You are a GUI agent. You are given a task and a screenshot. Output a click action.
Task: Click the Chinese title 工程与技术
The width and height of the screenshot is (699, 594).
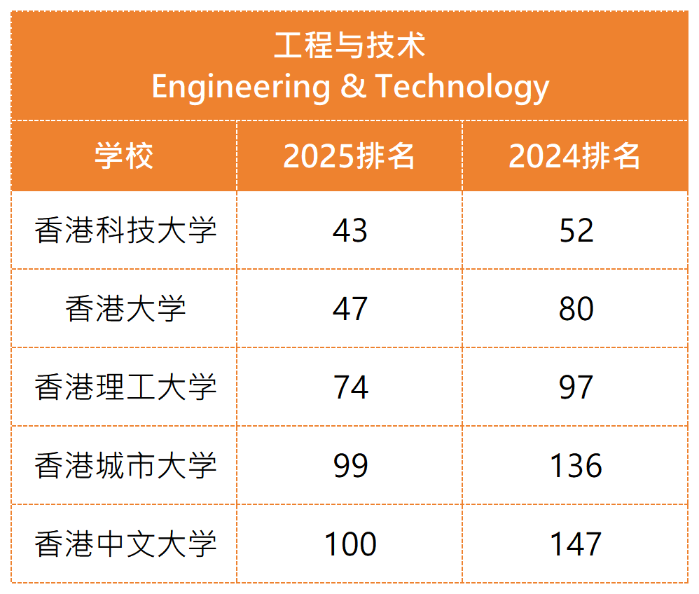point(349,46)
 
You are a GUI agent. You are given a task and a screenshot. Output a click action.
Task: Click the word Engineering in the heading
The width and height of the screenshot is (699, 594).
point(240,87)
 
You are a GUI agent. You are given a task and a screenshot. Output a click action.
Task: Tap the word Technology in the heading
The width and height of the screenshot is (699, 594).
point(462,87)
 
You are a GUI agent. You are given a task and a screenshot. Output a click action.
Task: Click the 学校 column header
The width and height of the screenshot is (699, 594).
point(124,156)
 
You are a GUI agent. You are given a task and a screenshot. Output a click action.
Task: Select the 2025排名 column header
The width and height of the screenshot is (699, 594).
point(349,156)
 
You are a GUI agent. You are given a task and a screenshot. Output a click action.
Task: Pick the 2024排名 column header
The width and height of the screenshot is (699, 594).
point(575,156)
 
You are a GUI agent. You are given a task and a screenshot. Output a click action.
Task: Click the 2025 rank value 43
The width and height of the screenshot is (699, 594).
point(350,230)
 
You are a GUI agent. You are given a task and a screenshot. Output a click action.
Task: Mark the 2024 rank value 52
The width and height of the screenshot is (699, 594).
point(576,230)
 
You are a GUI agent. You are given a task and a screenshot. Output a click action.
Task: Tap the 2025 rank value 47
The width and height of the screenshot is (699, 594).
point(350,309)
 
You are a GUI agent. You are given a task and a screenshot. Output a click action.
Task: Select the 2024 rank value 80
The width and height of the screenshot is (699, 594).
point(576,309)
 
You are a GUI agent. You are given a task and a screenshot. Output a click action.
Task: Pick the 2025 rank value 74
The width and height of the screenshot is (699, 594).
point(350,387)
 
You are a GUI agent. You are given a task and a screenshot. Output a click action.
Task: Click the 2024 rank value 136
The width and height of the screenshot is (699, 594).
point(576,466)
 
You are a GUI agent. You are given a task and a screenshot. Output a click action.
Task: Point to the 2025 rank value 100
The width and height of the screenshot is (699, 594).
point(350,544)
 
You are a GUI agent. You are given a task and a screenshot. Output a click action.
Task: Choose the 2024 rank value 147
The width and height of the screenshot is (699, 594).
point(576,544)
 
